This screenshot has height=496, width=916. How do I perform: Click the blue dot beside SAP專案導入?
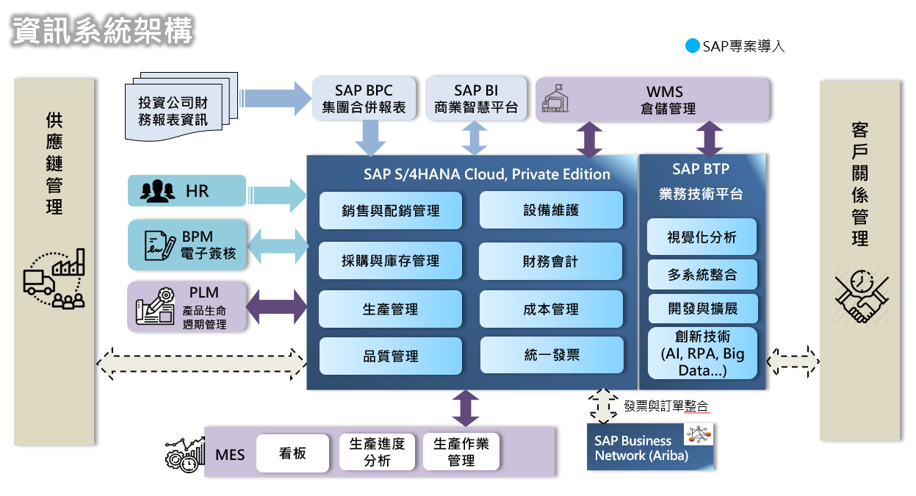pos(692,46)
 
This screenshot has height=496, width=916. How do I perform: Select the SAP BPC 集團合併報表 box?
pos(364,98)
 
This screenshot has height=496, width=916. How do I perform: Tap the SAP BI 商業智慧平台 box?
pos(476,98)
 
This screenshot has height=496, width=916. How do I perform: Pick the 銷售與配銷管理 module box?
pos(390,211)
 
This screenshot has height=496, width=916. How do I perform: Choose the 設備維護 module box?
pos(551,210)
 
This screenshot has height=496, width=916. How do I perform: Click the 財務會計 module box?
pos(551,261)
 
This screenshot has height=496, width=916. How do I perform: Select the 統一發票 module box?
pos(551,355)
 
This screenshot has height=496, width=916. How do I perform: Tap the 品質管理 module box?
pos(390,356)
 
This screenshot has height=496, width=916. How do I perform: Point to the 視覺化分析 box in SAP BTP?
pos(702,237)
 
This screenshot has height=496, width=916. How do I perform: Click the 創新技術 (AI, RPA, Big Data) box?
pos(702,353)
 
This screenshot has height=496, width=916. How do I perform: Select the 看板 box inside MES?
pos(292,453)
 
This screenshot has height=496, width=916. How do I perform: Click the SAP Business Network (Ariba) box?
pos(650,447)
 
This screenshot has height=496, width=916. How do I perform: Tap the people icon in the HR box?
pos(157,191)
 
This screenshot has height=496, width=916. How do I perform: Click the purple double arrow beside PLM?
pos(275,306)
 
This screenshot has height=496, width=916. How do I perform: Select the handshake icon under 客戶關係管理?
pos(861,296)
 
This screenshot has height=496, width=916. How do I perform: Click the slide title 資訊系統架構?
pos(102,31)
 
